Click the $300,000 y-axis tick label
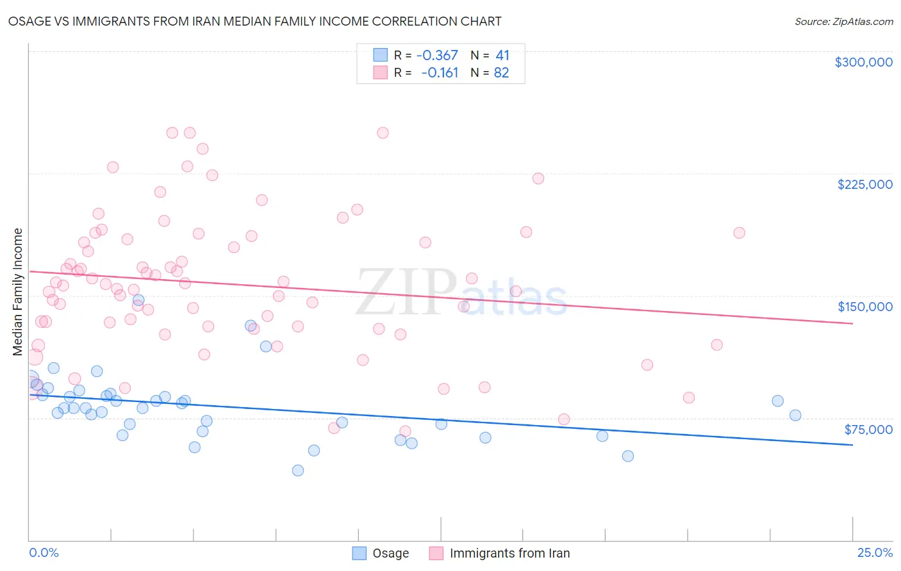[x=863, y=62]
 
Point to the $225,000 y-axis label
[x=864, y=184]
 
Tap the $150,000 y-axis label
[x=864, y=307]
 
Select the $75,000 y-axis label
[x=868, y=430]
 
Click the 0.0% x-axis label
[x=44, y=552]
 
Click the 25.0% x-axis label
[x=875, y=552]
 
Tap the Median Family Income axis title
[x=17, y=292]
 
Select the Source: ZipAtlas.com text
[x=843, y=21]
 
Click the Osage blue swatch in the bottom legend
[x=360, y=553]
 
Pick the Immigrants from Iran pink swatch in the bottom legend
[x=436, y=553]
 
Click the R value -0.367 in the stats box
[x=437, y=55]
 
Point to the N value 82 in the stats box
[x=501, y=73]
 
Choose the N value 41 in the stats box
[x=502, y=55]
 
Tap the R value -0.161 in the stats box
[x=440, y=73]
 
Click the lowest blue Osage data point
[x=298, y=470]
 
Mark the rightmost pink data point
[x=739, y=233]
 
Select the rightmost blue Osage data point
[x=795, y=415]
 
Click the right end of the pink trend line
[x=852, y=323]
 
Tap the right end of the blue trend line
[x=852, y=444]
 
